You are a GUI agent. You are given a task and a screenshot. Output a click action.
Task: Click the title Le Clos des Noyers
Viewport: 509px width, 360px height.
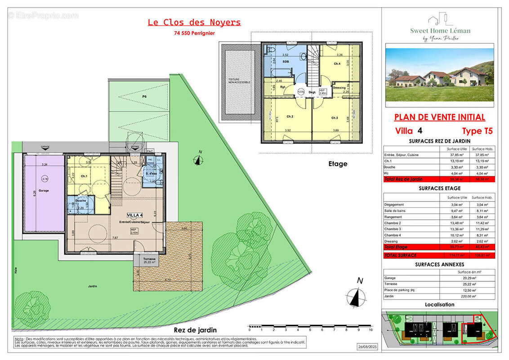194,22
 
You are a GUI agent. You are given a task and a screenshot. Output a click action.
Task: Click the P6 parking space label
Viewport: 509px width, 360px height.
144,96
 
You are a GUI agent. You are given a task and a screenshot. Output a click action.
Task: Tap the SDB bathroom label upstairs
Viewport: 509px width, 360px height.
285,62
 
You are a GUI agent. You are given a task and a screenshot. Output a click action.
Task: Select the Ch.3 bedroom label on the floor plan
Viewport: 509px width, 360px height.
335,118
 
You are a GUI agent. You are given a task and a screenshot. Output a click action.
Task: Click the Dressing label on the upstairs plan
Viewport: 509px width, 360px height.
339,88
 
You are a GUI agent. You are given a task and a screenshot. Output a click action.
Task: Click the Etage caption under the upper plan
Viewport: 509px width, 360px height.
337,164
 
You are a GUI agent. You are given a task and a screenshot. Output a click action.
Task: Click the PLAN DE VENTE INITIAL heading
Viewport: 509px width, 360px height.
439,117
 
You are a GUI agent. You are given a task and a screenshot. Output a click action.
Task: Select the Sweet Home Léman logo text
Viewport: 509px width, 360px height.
440,31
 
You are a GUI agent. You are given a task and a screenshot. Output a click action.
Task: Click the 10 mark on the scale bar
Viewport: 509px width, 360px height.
370,330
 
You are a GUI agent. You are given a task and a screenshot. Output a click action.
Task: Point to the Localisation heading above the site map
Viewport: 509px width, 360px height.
439,305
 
